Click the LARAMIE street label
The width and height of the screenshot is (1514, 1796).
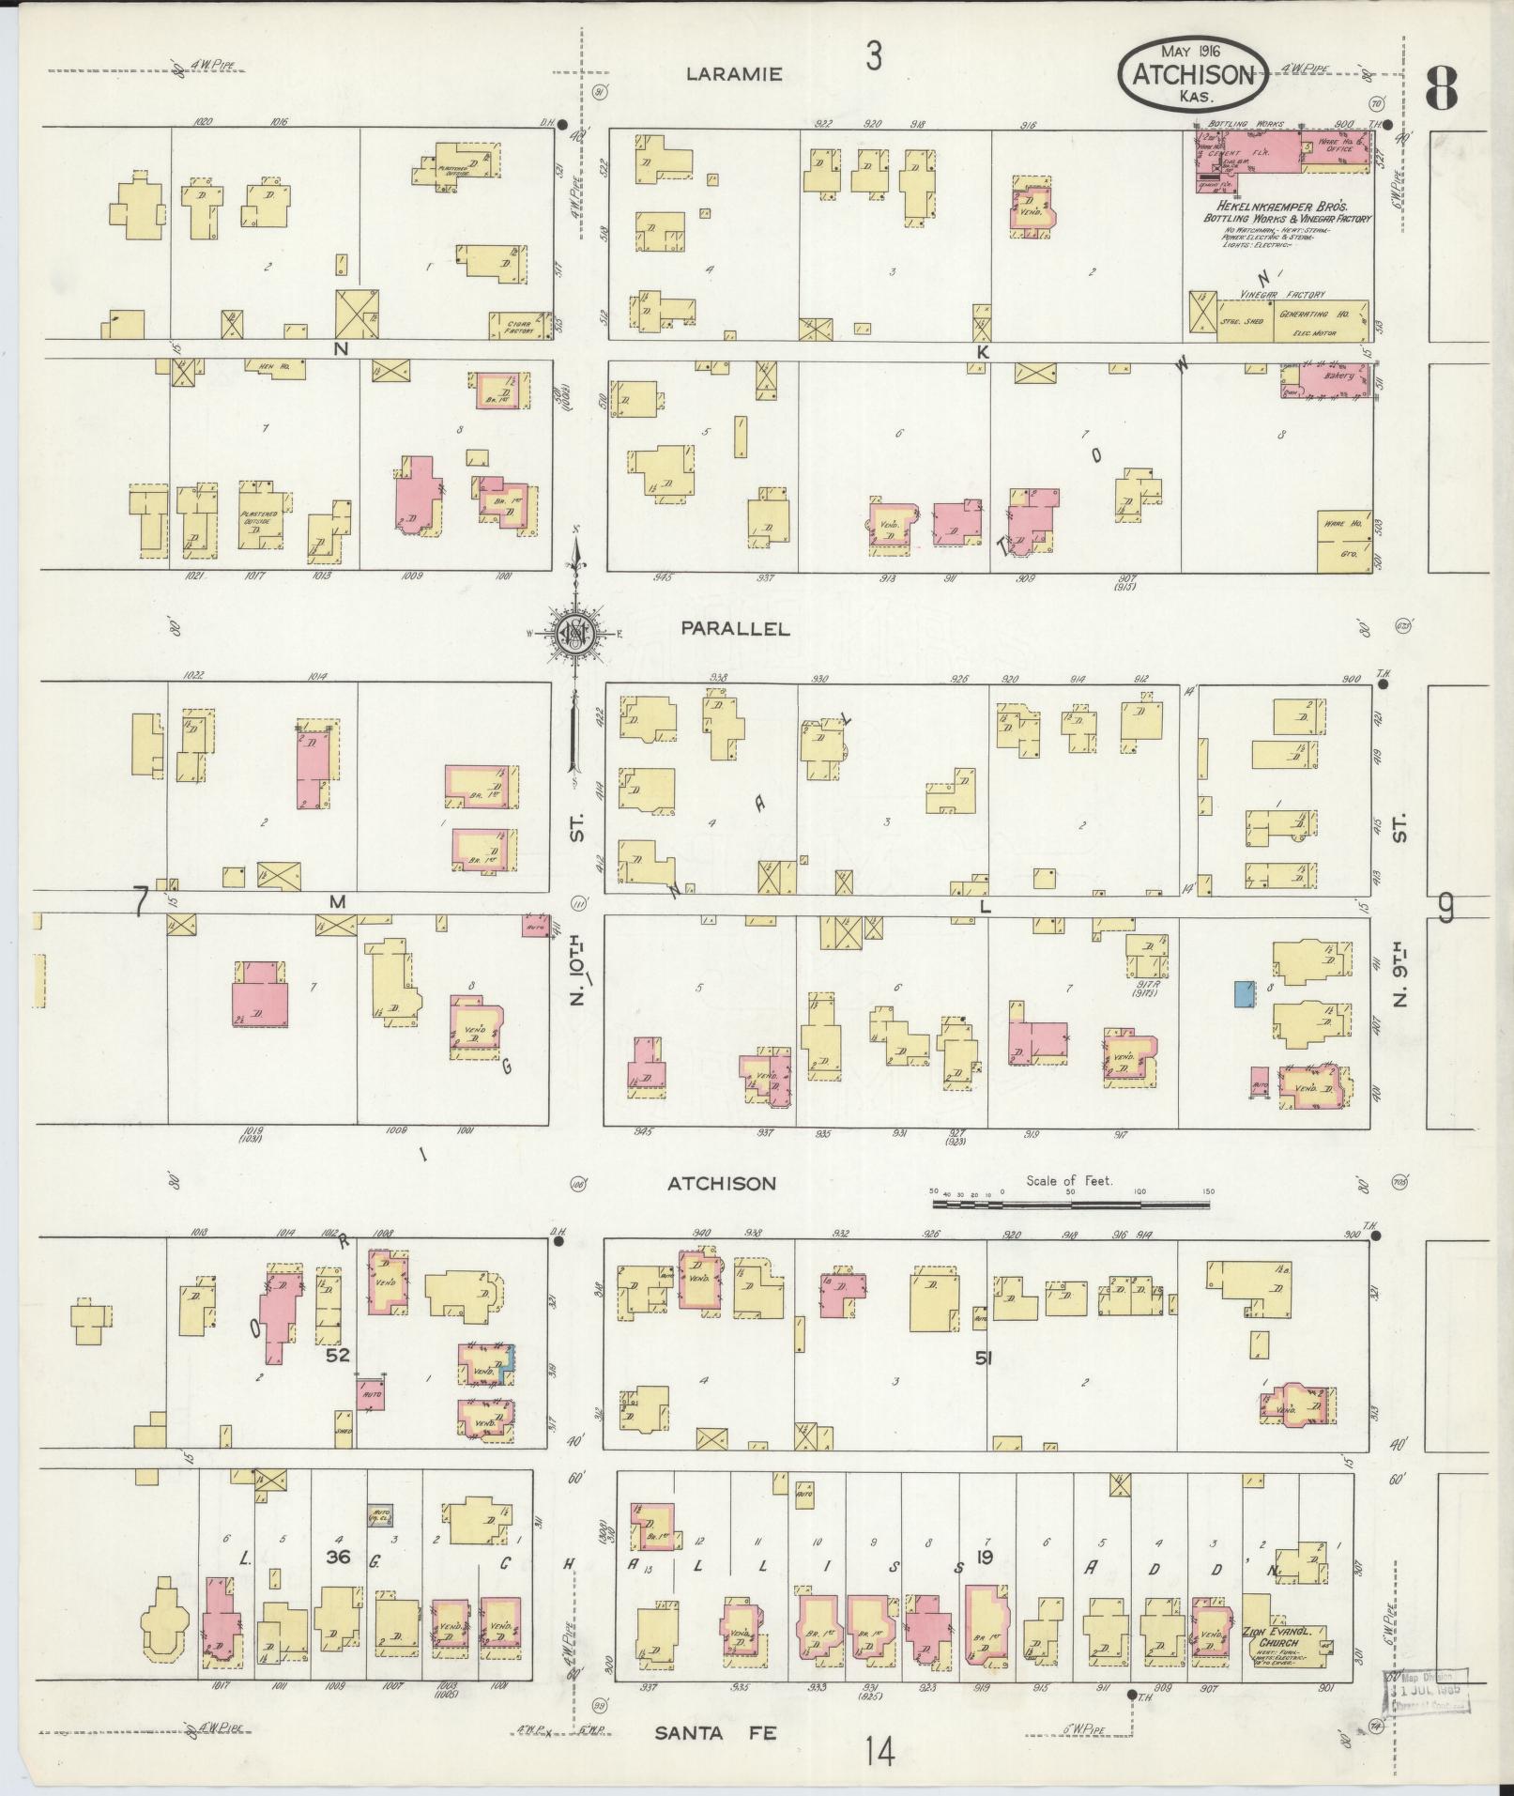(734, 74)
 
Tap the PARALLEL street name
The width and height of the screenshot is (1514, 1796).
(736, 630)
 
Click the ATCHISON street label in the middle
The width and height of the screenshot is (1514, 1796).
(722, 1184)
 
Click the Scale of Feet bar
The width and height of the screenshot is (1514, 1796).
(1070, 1203)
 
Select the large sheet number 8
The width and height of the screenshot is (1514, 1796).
(1441, 90)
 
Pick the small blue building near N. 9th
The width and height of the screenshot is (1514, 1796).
(1245, 993)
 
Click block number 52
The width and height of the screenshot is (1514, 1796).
(339, 1355)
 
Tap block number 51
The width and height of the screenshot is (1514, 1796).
(982, 1356)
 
